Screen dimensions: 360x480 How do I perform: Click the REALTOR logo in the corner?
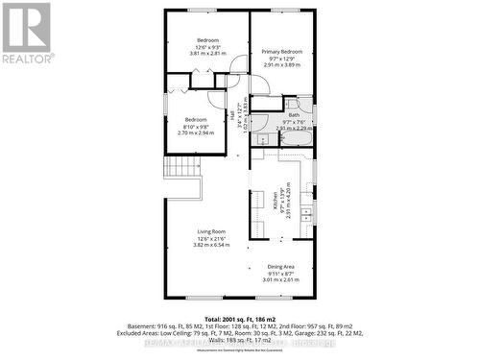tap(26, 32)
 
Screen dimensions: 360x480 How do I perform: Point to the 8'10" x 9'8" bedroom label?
tap(196, 126)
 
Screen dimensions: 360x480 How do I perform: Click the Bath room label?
tap(293, 115)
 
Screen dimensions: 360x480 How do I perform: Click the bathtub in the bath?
tap(293, 138)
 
